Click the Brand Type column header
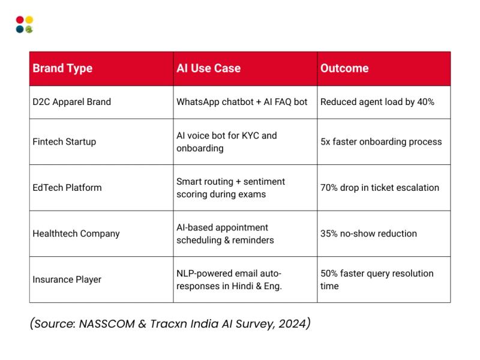(x=62, y=68)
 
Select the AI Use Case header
(x=208, y=68)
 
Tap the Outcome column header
(x=344, y=68)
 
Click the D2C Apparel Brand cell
(x=71, y=102)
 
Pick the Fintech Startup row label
(x=64, y=142)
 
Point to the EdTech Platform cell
(x=67, y=188)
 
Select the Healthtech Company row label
(x=76, y=234)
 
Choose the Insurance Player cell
(x=67, y=280)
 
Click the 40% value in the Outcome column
(x=425, y=102)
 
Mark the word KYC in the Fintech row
(x=250, y=136)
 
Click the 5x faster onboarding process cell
(x=381, y=142)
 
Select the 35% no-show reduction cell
(x=368, y=233)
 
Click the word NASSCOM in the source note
(x=107, y=323)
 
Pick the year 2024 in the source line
(x=292, y=323)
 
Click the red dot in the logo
(x=20, y=20)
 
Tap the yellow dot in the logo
(x=29, y=20)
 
